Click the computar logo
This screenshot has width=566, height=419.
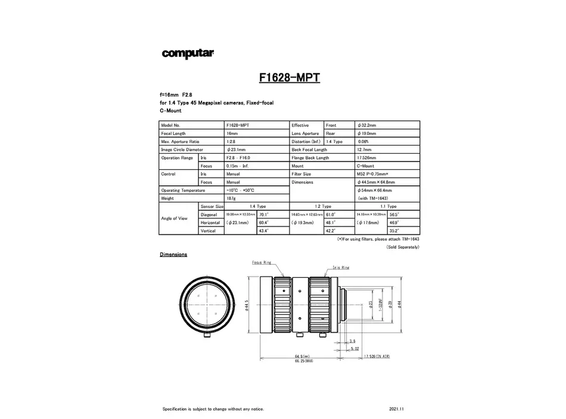point(188,54)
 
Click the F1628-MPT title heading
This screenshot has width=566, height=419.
point(290,77)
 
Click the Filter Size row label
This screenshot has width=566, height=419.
point(301,174)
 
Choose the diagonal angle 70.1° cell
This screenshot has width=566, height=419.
point(263,214)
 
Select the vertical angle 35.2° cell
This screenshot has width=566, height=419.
point(394,231)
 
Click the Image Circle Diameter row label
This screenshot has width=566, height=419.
point(182,150)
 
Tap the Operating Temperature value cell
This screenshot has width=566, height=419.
point(240,190)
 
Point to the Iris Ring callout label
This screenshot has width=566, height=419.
point(341,268)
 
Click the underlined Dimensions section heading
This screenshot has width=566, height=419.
point(173,254)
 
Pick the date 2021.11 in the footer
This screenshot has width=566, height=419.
point(396,409)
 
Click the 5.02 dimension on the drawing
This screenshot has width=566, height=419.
point(355,348)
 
